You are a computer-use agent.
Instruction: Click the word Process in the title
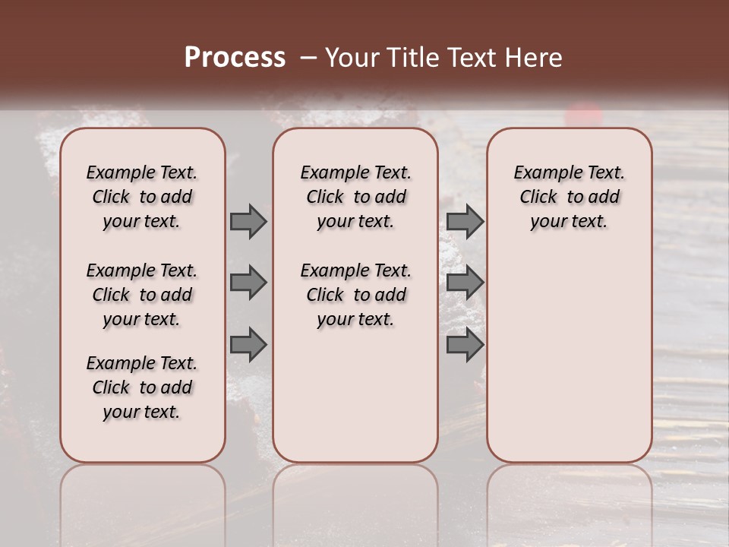click(x=235, y=58)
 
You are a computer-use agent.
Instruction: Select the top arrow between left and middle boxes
click(x=248, y=221)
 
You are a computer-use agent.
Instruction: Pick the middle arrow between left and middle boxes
click(x=248, y=283)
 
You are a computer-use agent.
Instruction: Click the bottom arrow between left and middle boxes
click(x=248, y=345)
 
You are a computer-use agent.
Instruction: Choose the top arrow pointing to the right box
click(x=465, y=221)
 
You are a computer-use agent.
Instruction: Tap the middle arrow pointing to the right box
click(x=465, y=283)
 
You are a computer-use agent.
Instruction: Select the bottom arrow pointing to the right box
click(x=465, y=345)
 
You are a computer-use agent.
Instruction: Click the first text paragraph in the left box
click(x=142, y=197)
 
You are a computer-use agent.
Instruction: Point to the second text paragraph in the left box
click(x=142, y=295)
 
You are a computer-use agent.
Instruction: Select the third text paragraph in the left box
click(x=142, y=387)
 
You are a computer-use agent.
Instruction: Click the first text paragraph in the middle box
click(x=355, y=197)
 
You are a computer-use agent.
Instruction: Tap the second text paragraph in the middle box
click(x=355, y=295)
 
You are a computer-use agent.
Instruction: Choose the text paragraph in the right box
click(x=569, y=197)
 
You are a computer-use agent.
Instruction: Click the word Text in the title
click(x=475, y=58)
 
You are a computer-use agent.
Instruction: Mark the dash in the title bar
click(x=308, y=58)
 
